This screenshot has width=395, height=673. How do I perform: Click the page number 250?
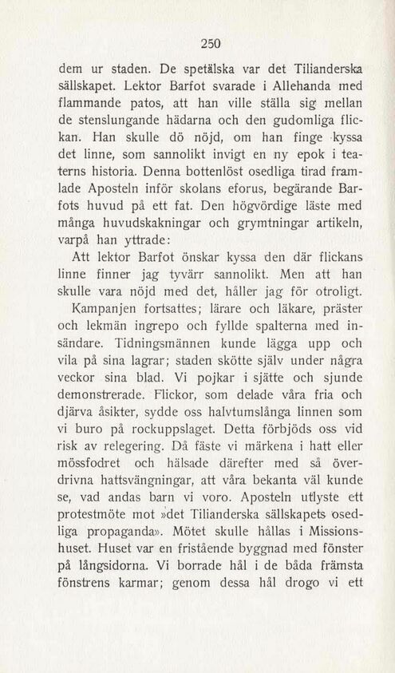pyautogui.click(x=211, y=42)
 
